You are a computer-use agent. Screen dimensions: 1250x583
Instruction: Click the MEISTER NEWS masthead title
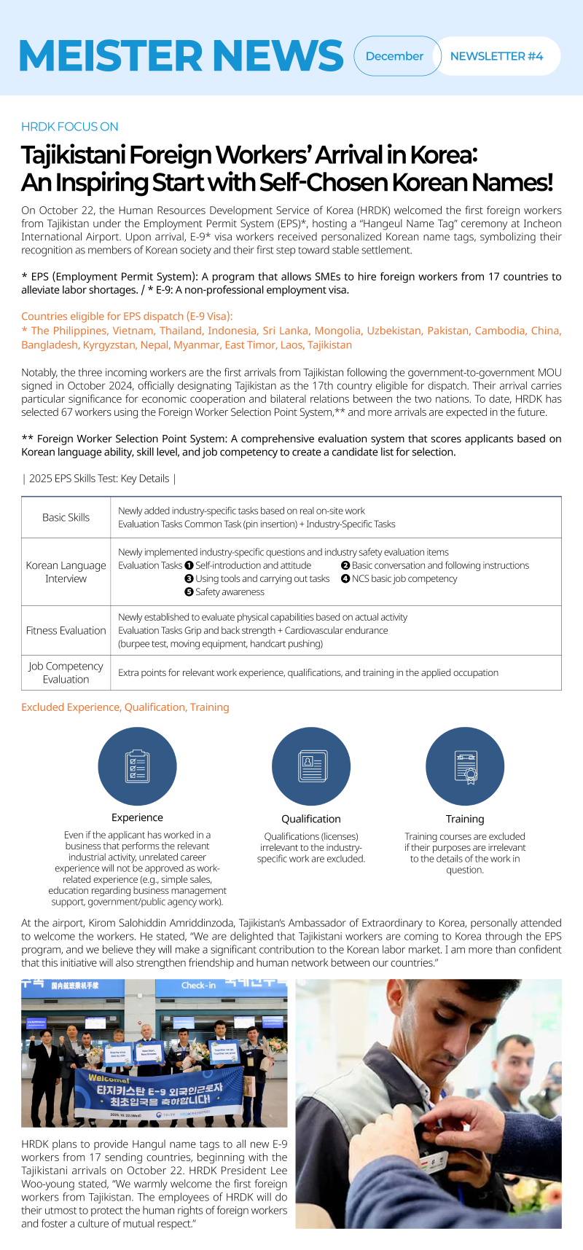coord(180,55)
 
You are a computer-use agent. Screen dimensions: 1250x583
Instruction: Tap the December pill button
coord(394,56)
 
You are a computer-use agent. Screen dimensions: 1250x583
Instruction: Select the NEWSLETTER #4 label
coord(496,56)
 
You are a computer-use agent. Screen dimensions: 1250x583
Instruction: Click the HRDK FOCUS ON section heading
coord(70,127)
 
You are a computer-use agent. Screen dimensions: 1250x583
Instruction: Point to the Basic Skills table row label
coord(66,517)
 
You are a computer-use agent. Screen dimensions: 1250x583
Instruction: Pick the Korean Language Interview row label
coord(66,572)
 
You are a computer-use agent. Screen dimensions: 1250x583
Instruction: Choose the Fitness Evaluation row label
coord(66,631)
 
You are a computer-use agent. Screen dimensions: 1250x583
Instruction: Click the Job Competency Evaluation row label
coord(66,672)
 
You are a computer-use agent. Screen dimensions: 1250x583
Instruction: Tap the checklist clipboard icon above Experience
coord(137,766)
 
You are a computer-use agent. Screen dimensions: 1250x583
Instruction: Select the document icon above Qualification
coord(311,766)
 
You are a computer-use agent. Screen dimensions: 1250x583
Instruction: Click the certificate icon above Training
coord(465,766)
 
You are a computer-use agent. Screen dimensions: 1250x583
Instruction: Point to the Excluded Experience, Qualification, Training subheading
coord(125,707)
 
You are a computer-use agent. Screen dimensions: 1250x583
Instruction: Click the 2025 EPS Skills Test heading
coord(99,479)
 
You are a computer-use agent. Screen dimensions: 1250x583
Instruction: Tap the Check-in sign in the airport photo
coord(198,986)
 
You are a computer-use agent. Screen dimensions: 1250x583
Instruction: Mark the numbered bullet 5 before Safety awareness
coord(189,592)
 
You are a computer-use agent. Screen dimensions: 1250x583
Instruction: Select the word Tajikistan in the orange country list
coord(329,345)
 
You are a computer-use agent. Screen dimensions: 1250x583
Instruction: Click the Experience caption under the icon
coord(137,818)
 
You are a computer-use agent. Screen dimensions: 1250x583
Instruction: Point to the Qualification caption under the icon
coord(311,819)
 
